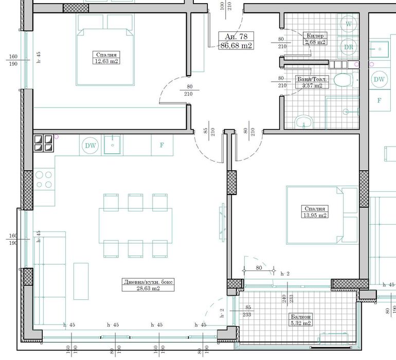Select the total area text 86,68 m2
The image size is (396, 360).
237,45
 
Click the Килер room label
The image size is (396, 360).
315,35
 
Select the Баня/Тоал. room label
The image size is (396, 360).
312,79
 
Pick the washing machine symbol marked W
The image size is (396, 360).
349,24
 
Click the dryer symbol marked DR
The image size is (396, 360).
349,47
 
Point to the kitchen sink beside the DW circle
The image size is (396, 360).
112,145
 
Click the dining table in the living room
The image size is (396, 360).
135,225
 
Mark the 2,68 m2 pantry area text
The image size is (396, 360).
315,42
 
